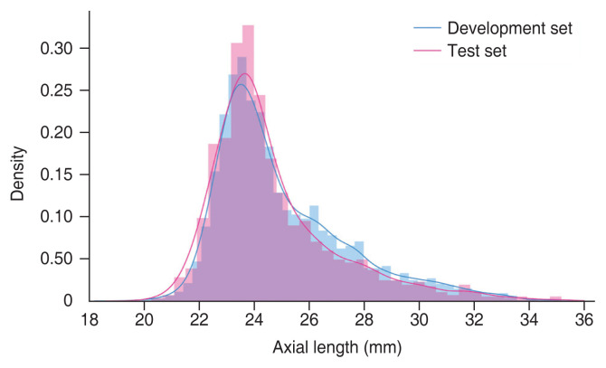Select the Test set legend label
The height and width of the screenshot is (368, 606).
click(x=477, y=52)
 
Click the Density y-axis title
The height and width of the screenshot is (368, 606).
click(x=17, y=174)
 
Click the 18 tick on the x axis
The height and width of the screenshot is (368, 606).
click(x=90, y=320)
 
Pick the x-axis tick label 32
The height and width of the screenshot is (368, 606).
click(x=475, y=320)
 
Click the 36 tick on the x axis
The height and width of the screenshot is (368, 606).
click(x=584, y=320)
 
